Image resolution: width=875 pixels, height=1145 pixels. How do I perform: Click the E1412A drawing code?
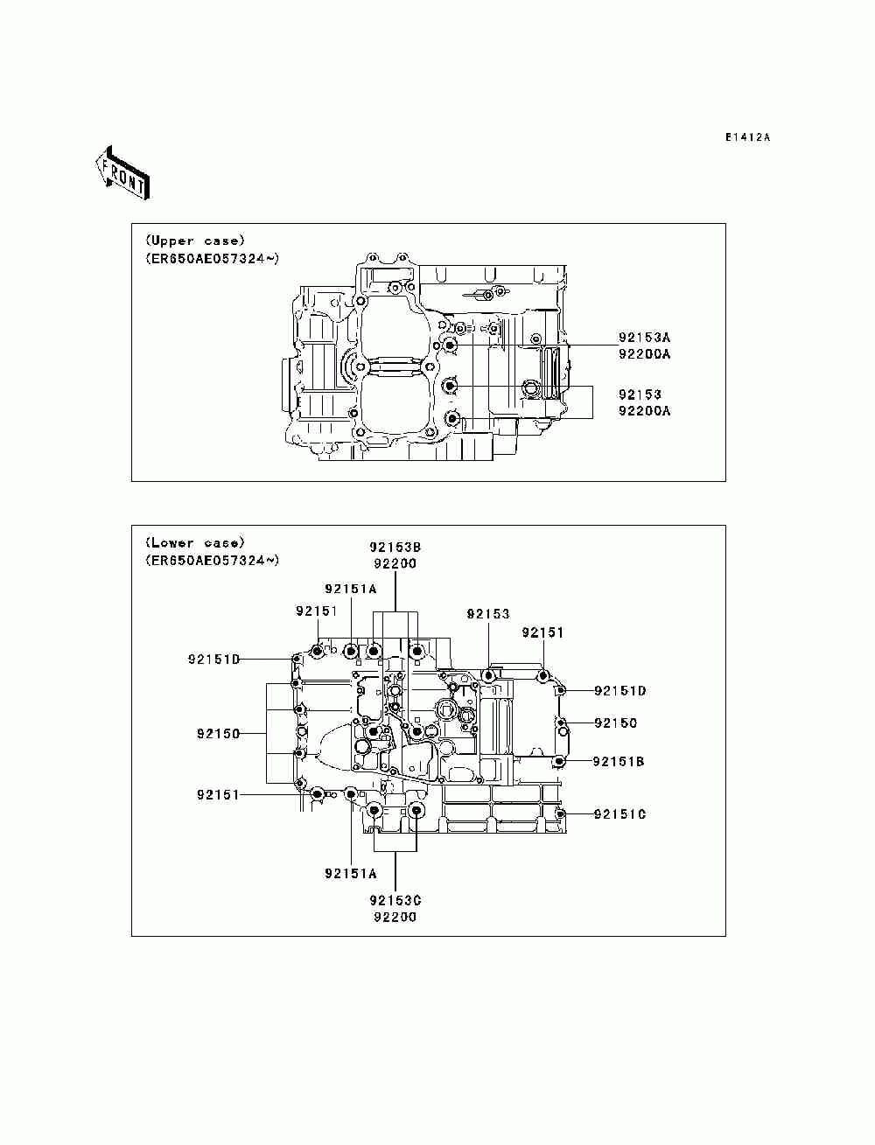(746, 137)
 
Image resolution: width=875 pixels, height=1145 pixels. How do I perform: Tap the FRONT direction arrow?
(122, 173)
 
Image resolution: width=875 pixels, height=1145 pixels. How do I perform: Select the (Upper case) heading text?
(195, 241)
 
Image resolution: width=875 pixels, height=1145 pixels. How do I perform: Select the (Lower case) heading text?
(195, 542)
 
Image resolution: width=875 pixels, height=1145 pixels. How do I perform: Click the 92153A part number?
(644, 337)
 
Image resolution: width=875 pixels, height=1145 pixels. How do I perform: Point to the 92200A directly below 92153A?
(644, 353)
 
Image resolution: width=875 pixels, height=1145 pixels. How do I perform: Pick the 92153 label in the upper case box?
(640, 394)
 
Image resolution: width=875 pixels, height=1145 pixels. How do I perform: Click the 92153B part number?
(395, 547)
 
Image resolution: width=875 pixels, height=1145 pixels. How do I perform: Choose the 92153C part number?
(395, 900)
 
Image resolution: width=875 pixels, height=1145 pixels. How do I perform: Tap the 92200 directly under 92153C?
(395, 917)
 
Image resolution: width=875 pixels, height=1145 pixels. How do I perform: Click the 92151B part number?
(619, 762)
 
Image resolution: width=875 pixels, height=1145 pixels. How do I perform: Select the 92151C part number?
(619, 813)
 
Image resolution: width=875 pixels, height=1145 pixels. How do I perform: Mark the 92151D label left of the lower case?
(213, 660)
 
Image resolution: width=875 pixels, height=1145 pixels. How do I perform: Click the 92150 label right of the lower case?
(616, 723)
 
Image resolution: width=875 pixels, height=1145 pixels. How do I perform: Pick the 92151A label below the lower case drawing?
(350, 873)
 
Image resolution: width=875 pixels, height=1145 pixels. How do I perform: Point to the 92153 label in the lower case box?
(488, 614)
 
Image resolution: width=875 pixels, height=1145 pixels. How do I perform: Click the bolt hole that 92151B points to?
(559, 762)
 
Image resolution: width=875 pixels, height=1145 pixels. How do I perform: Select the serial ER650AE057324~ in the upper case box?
(213, 258)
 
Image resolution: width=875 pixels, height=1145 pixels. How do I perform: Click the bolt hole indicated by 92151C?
(560, 813)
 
